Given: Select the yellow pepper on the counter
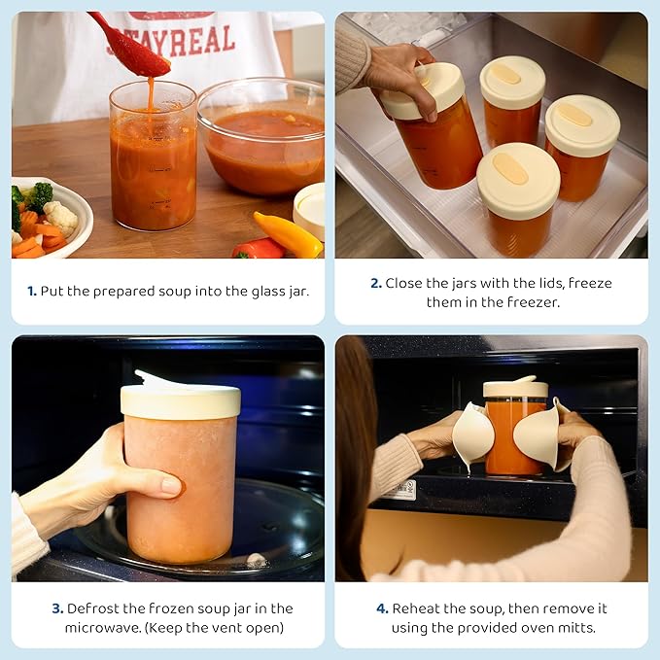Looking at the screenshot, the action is (288, 234).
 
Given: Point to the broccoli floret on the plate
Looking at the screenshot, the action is (39, 195).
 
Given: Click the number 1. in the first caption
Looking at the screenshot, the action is (32, 291).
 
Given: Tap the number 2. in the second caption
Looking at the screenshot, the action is (376, 283).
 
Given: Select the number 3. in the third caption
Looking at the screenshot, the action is (57, 608).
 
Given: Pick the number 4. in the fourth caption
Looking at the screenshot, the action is (382, 608).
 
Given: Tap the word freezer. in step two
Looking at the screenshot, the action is (534, 302).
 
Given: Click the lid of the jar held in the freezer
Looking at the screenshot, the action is (423, 89).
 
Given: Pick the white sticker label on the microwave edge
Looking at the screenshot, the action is (399, 490).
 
